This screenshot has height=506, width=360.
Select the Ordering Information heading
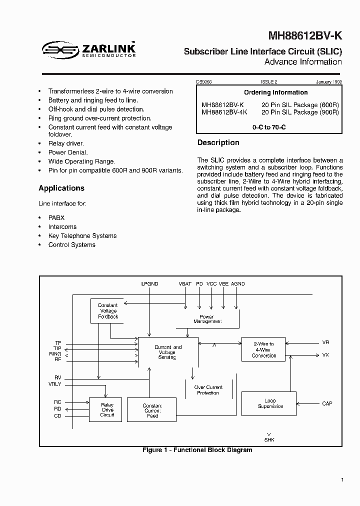[275, 92]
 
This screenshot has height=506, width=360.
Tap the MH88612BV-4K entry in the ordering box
[223, 112]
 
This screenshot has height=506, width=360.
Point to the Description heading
[218, 143]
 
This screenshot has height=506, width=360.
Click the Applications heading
[61, 188]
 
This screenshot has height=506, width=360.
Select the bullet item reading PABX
[56, 218]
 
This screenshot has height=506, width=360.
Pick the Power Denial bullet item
[68, 152]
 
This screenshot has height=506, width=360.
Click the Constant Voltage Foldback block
[107, 311]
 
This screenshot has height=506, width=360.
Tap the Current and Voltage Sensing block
[167, 352]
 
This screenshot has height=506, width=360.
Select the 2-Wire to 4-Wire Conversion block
[263, 349]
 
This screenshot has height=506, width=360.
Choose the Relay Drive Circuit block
[107, 409]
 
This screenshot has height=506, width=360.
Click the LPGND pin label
[149, 284]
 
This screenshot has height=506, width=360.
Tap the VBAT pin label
[185, 284]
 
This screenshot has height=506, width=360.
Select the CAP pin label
[326, 403]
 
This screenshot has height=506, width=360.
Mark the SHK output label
[269, 440]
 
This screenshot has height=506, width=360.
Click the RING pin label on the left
[55, 354]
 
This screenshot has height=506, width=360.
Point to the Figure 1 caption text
[197, 450]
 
